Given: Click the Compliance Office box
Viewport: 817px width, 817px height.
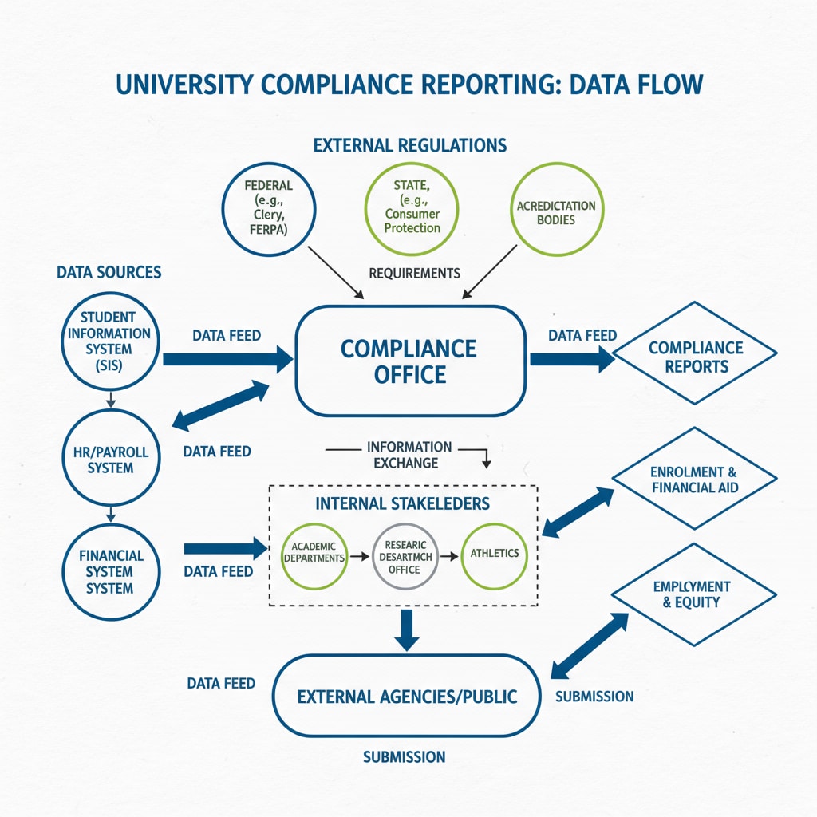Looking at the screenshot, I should pos(409,361).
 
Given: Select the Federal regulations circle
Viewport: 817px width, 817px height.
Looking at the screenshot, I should pos(269,206).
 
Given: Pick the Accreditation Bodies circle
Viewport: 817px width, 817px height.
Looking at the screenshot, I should pos(556,211).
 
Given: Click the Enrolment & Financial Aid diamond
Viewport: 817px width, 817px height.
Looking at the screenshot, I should pos(694,479).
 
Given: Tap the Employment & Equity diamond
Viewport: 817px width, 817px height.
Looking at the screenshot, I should pos(693,594).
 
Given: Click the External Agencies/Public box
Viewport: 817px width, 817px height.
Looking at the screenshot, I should pos(407,696).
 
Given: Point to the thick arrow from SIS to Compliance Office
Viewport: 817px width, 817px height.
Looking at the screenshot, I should pos(227,360).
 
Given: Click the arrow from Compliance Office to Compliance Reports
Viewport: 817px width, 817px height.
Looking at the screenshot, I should pos(570,359).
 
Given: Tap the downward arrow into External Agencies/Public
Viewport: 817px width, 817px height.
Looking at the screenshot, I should pos(407,629).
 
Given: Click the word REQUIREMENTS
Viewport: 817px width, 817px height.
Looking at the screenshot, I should pos(414,273).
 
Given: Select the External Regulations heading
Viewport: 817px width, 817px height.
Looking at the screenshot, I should pos(409,145).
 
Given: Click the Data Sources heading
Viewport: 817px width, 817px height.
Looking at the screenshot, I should pos(109,272).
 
